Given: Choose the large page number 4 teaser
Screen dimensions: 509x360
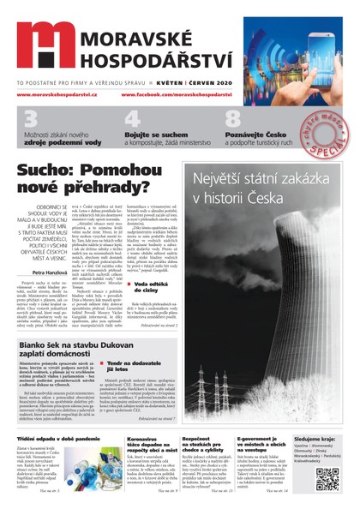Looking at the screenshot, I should (134, 121).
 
